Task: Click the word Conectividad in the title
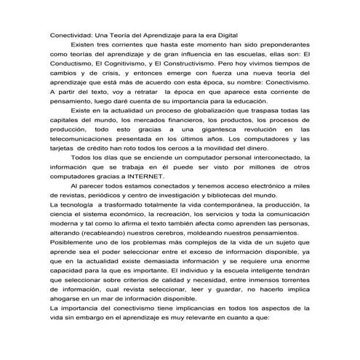[71, 35]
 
